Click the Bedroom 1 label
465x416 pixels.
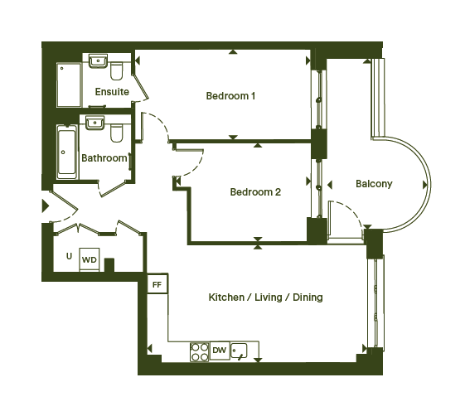point(230,96)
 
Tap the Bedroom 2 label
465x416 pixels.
point(255,191)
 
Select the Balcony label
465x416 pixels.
point(374,184)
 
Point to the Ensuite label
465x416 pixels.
point(112,92)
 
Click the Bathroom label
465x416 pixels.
point(104,158)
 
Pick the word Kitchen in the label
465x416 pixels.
point(226,297)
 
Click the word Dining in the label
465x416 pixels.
point(308,297)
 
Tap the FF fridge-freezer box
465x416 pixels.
point(157,284)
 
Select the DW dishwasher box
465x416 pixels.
point(220,351)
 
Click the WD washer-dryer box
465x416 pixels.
point(90,259)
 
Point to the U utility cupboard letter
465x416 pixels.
point(69,256)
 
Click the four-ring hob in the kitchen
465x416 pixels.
point(199,351)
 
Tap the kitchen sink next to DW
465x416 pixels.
point(239,351)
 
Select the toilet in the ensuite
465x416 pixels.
point(116,71)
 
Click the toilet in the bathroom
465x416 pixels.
point(116,133)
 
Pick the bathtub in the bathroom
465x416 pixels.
point(67,152)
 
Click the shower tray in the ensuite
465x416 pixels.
point(69,85)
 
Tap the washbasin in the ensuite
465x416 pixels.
point(98,61)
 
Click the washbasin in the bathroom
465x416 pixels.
point(94,123)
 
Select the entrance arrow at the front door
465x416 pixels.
point(45,206)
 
